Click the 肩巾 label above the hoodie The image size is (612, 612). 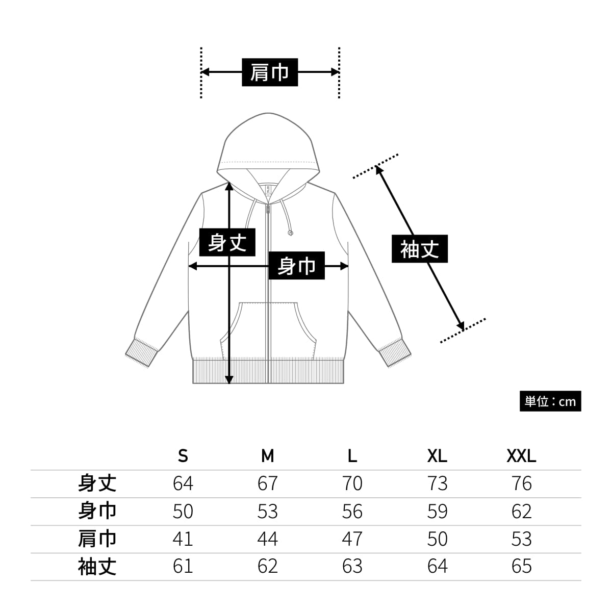tap(269, 72)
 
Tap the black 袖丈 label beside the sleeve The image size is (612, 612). tap(419, 249)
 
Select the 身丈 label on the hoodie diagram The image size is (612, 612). tap(227, 241)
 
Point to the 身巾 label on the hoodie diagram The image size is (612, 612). tap(296, 266)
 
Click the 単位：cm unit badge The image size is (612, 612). tap(550, 401)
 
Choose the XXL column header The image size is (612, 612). tap(521, 455)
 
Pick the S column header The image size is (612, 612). tap(183, 455)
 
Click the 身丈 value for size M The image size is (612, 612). tap(267, 483)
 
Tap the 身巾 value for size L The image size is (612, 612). tap(352, 511)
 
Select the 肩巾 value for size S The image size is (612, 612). tap(183, 539)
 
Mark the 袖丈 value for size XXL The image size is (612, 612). tap(521, 566)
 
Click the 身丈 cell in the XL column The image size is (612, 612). tap(437, 483)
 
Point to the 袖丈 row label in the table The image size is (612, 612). tap(97, 566)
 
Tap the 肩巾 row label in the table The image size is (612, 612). tap(97, 539)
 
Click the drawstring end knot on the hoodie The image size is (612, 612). tap(290, 233)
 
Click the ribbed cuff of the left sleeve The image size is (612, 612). tap(141, 352)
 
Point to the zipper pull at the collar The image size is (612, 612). tap(268, 209)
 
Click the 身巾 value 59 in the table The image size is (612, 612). tap(437, 511)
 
